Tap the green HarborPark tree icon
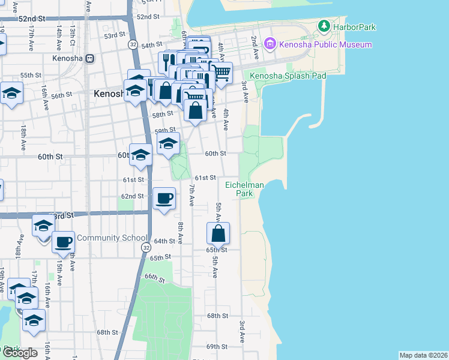point(324,26)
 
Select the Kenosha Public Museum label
point(325,44)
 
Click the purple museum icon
point(270,44)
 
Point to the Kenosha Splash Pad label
point(288,76)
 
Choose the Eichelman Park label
point(244,189)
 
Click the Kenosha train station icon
point(90,58)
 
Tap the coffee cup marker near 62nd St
point(164,199)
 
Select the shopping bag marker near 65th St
point(218,233)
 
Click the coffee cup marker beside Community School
point(63,242)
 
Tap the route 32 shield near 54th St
point(133,44)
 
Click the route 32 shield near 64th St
point(145,247)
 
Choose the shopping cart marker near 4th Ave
point(221,73)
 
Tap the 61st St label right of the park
point(205,178)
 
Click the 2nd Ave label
point(255,47)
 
